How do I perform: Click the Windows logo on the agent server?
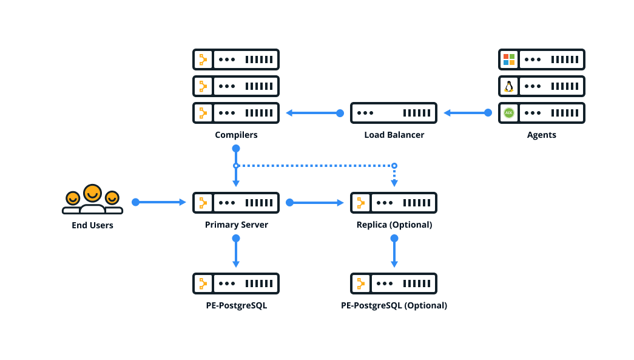(508, 59)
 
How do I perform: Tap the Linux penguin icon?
(508, 86)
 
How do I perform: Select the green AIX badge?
(508, 113)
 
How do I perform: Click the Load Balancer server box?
(394, 113)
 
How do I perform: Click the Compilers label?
(236, 135)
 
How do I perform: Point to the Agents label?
(541, 135)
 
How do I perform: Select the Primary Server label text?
(236, 225)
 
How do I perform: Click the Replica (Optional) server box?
(394, 203)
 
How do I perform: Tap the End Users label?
(92, 225)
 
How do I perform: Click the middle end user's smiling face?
(92, 194)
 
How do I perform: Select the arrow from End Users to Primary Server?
(160, 202)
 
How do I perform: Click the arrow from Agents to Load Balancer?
(467, 113)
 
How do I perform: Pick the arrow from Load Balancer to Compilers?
(312, 113)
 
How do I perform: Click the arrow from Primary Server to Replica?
(315, 203)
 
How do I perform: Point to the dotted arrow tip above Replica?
(394, 183)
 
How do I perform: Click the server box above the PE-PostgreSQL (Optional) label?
(394, 284)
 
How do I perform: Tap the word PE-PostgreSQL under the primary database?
(236, 305)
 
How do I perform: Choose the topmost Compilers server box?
(236, 59)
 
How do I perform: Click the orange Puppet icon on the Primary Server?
(203, 203)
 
